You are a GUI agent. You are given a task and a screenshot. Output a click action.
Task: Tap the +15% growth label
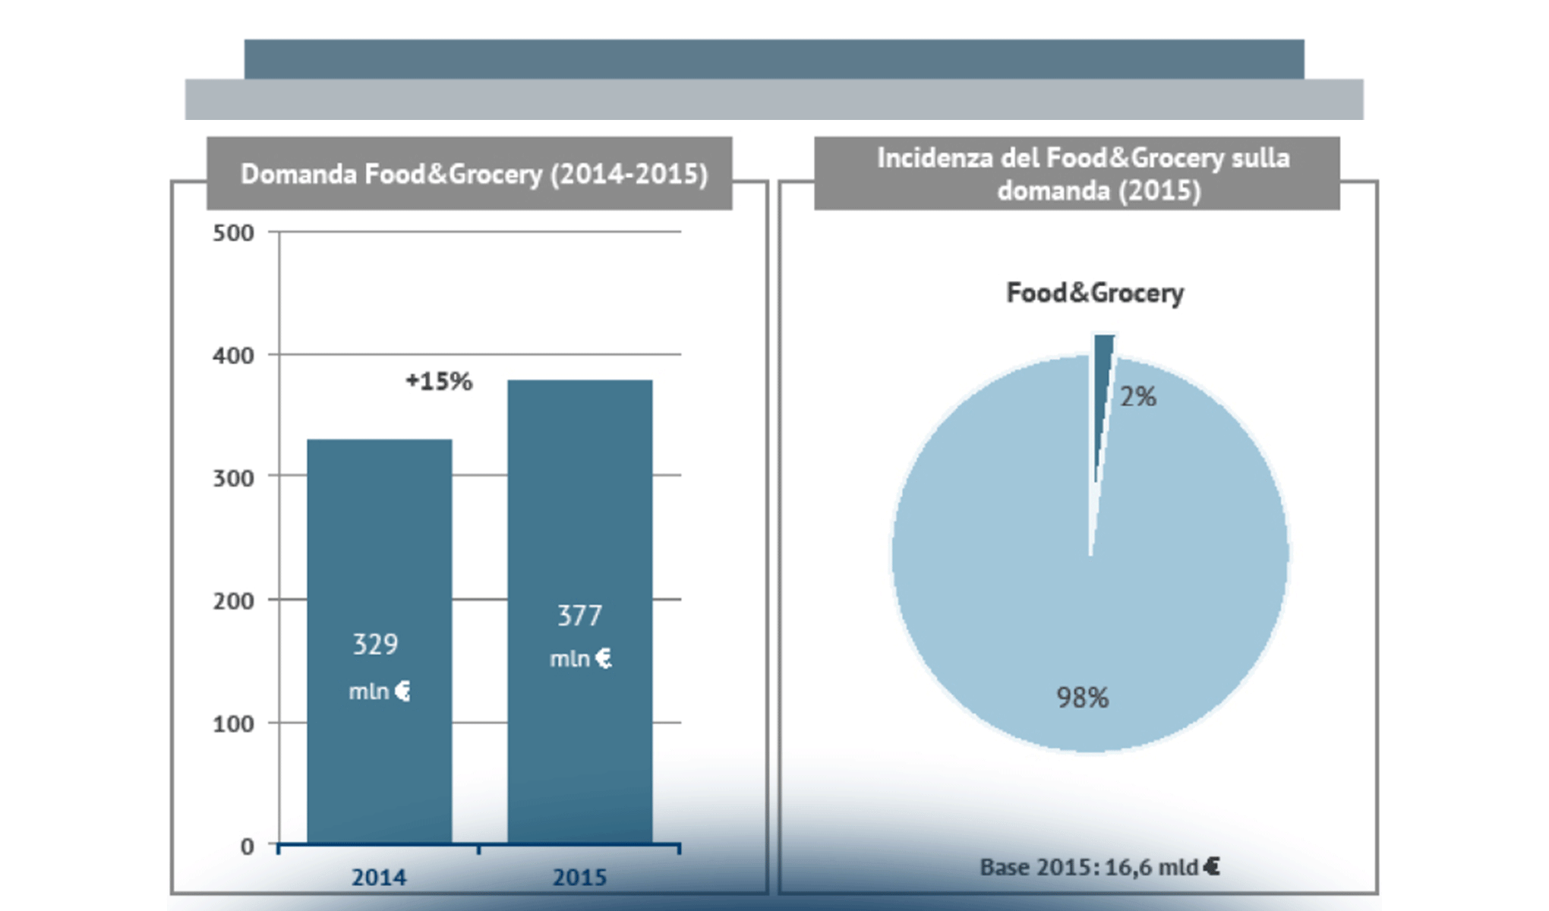pyautogui.click(x=439, y=381)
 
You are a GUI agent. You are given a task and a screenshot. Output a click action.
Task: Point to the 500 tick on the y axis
pyautogui.click(x=233, y=233)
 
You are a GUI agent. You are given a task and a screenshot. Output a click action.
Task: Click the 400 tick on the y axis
pyautogui.click(x=233, y=355)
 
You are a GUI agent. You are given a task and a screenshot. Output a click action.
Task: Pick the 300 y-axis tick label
pyautogui.click(x=233, y=478)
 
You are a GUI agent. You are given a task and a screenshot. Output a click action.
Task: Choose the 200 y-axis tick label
pyautogui.click(x=233, y=601)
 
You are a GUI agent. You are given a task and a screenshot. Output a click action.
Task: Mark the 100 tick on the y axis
pyautogui.click(x=233, y=724)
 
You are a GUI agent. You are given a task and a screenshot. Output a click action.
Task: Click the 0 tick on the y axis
pyautogui.click(x=247, y=846)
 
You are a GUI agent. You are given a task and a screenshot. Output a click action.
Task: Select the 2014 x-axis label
pyautogui.click(x=379, y=878)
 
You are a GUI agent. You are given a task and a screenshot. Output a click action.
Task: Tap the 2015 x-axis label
pyautogui.click(x=579, y=878)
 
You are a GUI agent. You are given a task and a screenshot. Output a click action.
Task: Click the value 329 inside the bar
pyautogui.click(x=375, y=645)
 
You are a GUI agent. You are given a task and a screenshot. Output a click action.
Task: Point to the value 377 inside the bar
pyautogui.click(x=579, y=616)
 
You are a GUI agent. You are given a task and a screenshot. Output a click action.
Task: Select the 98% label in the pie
pyautogui.click(x=1083, y=698)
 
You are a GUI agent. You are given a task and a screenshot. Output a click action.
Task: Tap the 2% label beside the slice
pyautogui.click(x=1138, y=396)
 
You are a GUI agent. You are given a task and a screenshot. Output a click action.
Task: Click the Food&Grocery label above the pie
pyautogui.click(x=1095, y=293)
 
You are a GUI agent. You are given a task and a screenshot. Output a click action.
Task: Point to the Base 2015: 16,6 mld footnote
pyautogui.click(x=1099, y=867)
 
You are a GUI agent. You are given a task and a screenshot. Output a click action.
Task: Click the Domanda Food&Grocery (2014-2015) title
pyautogui.click(x=474, y=174)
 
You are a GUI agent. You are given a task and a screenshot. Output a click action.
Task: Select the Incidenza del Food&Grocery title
pyautogui.click(x=1084, y=174)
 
